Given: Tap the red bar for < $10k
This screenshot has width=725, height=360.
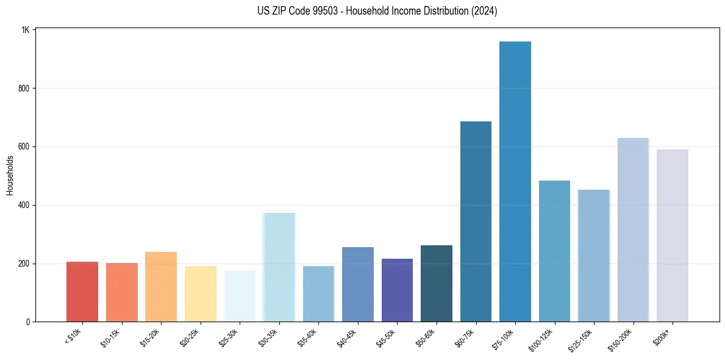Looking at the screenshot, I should click(x=82, y=292).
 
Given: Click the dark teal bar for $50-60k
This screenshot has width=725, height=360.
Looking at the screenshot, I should click(x=437, y=283).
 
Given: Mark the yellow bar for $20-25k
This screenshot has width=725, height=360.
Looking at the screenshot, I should click(x=201, y=293).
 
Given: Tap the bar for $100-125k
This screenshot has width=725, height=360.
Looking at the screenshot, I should click(x=554, y=251).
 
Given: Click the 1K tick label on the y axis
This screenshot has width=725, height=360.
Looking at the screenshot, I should click(x=26, y=30).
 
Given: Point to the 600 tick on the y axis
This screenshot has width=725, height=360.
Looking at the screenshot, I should click(x=24, y=146).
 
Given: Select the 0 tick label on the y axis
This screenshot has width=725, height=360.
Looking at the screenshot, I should click(x=28, y=322).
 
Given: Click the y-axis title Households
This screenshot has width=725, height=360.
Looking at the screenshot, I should click(x=10, y=175).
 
